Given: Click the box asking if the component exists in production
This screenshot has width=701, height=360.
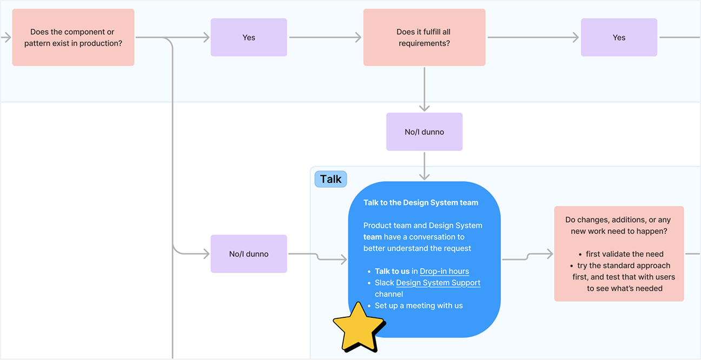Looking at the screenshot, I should [73, 37].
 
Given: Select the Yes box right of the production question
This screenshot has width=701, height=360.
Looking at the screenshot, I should [248, 37].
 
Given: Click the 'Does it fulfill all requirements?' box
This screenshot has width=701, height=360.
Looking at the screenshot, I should [424, 37].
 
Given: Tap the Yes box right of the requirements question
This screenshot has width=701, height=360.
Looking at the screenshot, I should [619, 37].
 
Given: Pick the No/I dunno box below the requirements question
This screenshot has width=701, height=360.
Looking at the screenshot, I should [424, 132].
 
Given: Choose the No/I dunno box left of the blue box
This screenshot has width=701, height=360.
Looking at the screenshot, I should [248, 254].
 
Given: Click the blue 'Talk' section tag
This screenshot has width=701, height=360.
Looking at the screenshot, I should [330, 179].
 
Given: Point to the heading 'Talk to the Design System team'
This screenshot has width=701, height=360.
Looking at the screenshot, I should [421, 203].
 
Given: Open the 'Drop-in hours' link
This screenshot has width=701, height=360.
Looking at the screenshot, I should [444, 271].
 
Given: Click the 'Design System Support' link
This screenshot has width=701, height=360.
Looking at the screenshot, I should [438, 283].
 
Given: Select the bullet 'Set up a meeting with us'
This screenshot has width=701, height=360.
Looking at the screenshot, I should [419, 305].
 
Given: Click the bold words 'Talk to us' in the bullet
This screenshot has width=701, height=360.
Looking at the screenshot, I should [392, 271].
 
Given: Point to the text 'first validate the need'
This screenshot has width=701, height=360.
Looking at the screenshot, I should [624, 254].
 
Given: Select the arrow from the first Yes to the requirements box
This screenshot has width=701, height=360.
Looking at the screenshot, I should [325, 37].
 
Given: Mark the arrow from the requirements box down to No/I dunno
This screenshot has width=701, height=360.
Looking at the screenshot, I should [424, 89].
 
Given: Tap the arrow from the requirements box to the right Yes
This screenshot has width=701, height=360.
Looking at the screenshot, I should [533, 37].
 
